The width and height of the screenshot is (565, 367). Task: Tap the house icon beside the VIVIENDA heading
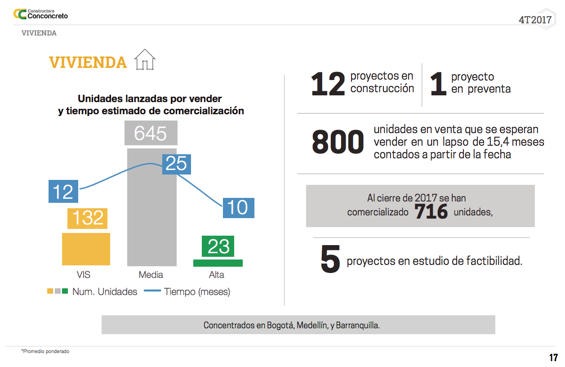[x=145, y=60]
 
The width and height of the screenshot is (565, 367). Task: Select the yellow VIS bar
[x=86, y=249]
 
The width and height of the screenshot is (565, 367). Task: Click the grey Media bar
[x=151, y=207]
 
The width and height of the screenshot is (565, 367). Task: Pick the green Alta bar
[x=218, y=263]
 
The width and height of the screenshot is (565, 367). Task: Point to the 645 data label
[x=151, y=134]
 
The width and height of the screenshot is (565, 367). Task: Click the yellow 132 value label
[x=88, y=218]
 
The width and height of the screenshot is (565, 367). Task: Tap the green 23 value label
[x=218, y=246]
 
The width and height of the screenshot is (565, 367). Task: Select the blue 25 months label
[x=176, y=164]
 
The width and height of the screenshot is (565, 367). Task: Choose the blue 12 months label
[x=63, y=192]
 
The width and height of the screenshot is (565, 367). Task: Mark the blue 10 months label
[x=238, y=208]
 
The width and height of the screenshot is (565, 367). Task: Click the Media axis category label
[x=151, y=275]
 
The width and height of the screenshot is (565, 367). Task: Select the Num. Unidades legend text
[x=105, y=292]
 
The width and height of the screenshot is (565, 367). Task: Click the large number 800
[x=338, y=143]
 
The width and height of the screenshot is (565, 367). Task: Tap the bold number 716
[x=431, y=212]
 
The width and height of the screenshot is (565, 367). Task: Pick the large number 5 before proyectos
[x=330, y=260]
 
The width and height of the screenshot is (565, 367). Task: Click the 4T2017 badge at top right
[x=535, y=20]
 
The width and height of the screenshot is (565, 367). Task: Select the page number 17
[x=553, y=358]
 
